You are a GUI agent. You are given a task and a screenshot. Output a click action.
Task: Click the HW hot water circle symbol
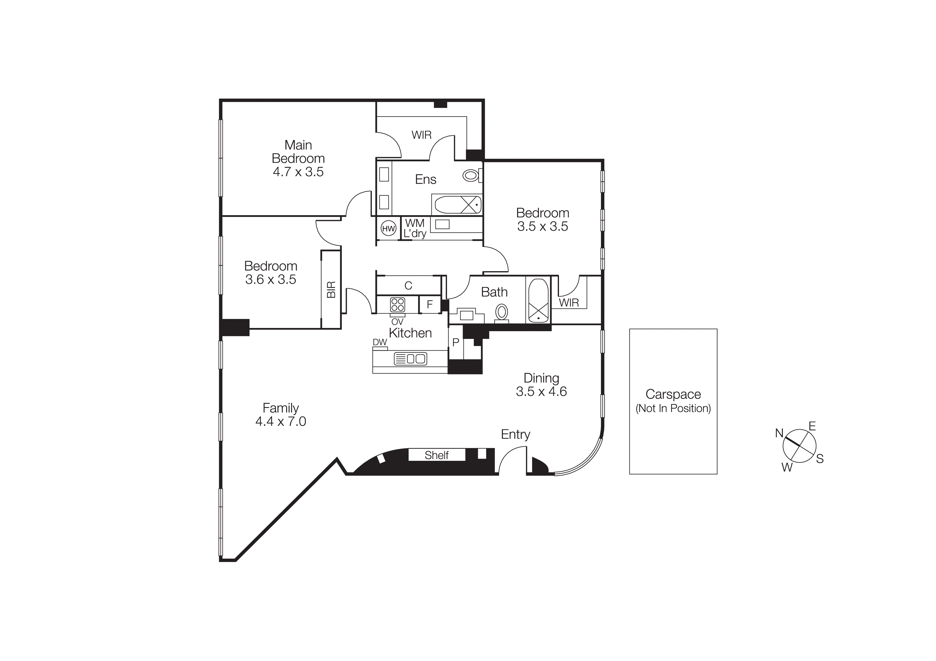tap(388, 229)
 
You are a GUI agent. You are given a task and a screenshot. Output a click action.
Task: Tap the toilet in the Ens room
tap(471, 175)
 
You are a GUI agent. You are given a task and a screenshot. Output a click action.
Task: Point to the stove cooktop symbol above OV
tap(398, 304)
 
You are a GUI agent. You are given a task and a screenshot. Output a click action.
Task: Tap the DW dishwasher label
tap(379, 342)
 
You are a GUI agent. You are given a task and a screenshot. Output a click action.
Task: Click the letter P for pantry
tap(456, 343)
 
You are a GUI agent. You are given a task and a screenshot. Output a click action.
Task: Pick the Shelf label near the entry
tap(436, 455)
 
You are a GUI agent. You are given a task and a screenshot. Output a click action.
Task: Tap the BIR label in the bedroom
tap(331, 289)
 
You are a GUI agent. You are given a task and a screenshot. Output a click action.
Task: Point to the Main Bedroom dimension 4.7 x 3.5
tap(298, 172)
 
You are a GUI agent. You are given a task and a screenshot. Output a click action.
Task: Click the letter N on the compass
tap(779, 433)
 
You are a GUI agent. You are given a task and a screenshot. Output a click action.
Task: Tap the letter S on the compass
tap(820, 459)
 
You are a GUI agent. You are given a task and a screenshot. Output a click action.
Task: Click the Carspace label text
tap(673, 394)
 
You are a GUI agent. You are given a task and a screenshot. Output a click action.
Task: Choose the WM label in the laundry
tap(415, 223)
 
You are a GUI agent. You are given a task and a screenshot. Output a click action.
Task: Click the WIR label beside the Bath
tap(569, 303)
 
